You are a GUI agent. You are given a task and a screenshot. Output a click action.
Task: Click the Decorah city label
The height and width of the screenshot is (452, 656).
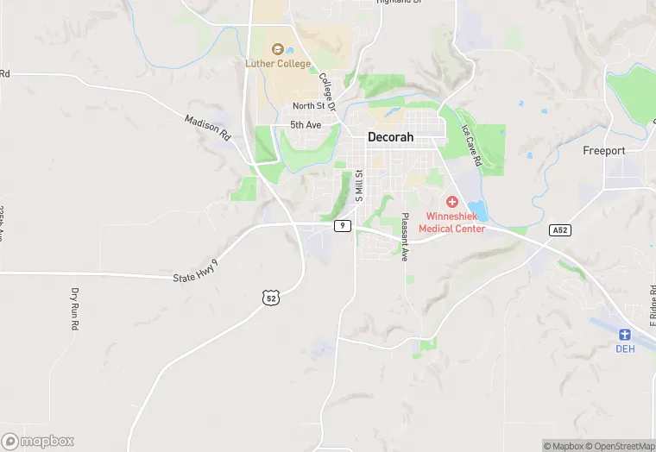click(390, 137)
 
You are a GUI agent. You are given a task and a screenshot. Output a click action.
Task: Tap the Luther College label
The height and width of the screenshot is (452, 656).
click(277, 64)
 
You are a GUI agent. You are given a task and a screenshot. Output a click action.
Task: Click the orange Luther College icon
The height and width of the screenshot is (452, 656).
click(278, 49)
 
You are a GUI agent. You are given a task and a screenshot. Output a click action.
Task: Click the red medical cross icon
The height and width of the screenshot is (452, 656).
click(451, 201)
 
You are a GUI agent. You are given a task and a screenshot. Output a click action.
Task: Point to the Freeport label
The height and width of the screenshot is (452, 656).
click(604, 151)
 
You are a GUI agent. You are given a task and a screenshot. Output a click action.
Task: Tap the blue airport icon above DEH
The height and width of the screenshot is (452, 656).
click(625, 335)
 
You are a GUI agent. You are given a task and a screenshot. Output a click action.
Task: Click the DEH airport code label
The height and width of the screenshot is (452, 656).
click(625, 348)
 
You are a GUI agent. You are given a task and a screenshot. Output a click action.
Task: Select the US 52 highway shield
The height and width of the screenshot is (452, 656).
click(271, 298)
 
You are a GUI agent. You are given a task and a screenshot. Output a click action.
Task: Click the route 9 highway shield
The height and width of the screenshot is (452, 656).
click(343, 226)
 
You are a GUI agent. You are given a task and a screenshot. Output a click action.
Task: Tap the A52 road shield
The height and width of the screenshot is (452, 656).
click(559, 230)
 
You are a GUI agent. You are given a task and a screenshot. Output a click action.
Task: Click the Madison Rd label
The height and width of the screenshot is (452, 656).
click(208, 128)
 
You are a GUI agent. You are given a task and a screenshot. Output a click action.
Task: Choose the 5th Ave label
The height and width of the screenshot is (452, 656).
click(305, 125)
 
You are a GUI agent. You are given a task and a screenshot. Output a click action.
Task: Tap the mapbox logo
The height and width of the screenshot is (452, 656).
click(38, 440)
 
